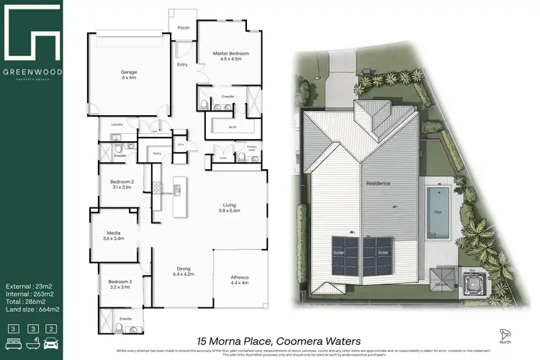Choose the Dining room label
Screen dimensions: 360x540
[x=184, y=271]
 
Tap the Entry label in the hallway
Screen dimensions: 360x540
[x=183, y=65]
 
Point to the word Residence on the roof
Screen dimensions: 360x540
[x=377, y=184]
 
